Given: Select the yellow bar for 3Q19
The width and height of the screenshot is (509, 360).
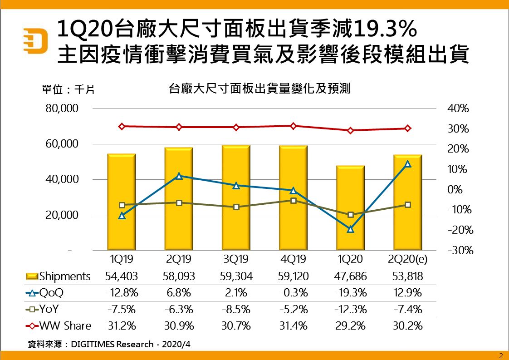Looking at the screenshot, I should (236, 197).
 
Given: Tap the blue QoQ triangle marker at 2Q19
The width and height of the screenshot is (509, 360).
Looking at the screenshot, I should (179, 176).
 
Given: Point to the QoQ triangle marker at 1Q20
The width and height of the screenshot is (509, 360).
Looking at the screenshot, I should (350, 229).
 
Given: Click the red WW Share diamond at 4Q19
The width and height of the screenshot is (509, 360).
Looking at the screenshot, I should (293, 126).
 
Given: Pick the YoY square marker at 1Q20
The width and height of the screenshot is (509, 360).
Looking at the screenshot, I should (350, 214).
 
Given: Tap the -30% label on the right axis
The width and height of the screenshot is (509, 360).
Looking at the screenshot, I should (459, 251).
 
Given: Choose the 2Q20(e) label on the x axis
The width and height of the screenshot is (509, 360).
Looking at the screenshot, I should (407, 259).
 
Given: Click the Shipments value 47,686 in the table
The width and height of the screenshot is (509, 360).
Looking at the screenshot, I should (350, 276).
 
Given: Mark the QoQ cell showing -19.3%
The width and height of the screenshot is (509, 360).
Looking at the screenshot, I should (350, 293).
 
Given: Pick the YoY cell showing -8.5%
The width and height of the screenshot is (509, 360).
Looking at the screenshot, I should (236, 310).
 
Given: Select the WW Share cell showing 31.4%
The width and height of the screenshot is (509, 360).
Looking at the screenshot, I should (293, 326).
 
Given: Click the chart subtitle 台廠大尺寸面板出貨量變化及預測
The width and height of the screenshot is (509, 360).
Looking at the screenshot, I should (259, 88).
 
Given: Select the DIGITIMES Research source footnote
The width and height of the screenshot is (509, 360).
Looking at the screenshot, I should (109, 344).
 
